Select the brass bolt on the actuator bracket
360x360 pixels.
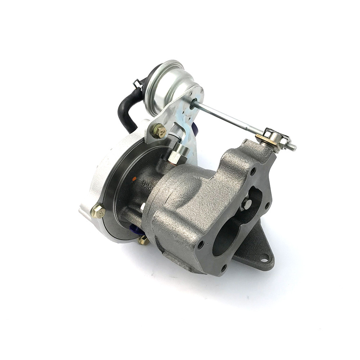pos(159,131)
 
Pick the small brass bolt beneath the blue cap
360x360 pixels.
pos(144,240)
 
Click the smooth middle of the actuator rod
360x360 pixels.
pos(227,117)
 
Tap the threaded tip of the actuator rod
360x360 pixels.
pos(292,147)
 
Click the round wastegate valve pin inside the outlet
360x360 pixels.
pos(247,204)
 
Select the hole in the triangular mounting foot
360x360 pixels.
pos(265,258)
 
